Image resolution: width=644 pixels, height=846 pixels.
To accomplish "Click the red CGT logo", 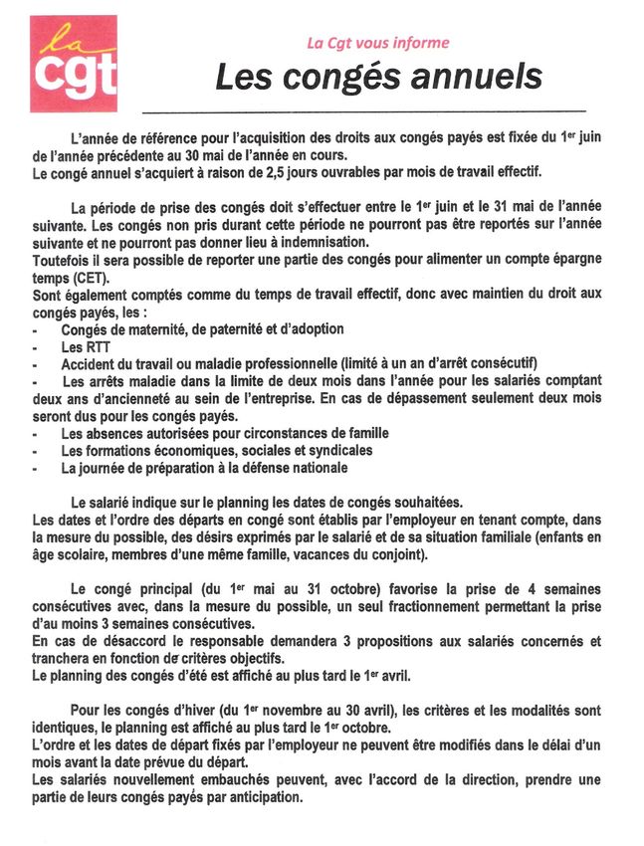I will point(73,65).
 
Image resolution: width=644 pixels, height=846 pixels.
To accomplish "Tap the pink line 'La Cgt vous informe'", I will point(377,43).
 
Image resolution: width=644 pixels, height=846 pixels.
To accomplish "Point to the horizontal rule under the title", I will point(364,109).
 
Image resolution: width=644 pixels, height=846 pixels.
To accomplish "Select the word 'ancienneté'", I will point(142,398).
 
